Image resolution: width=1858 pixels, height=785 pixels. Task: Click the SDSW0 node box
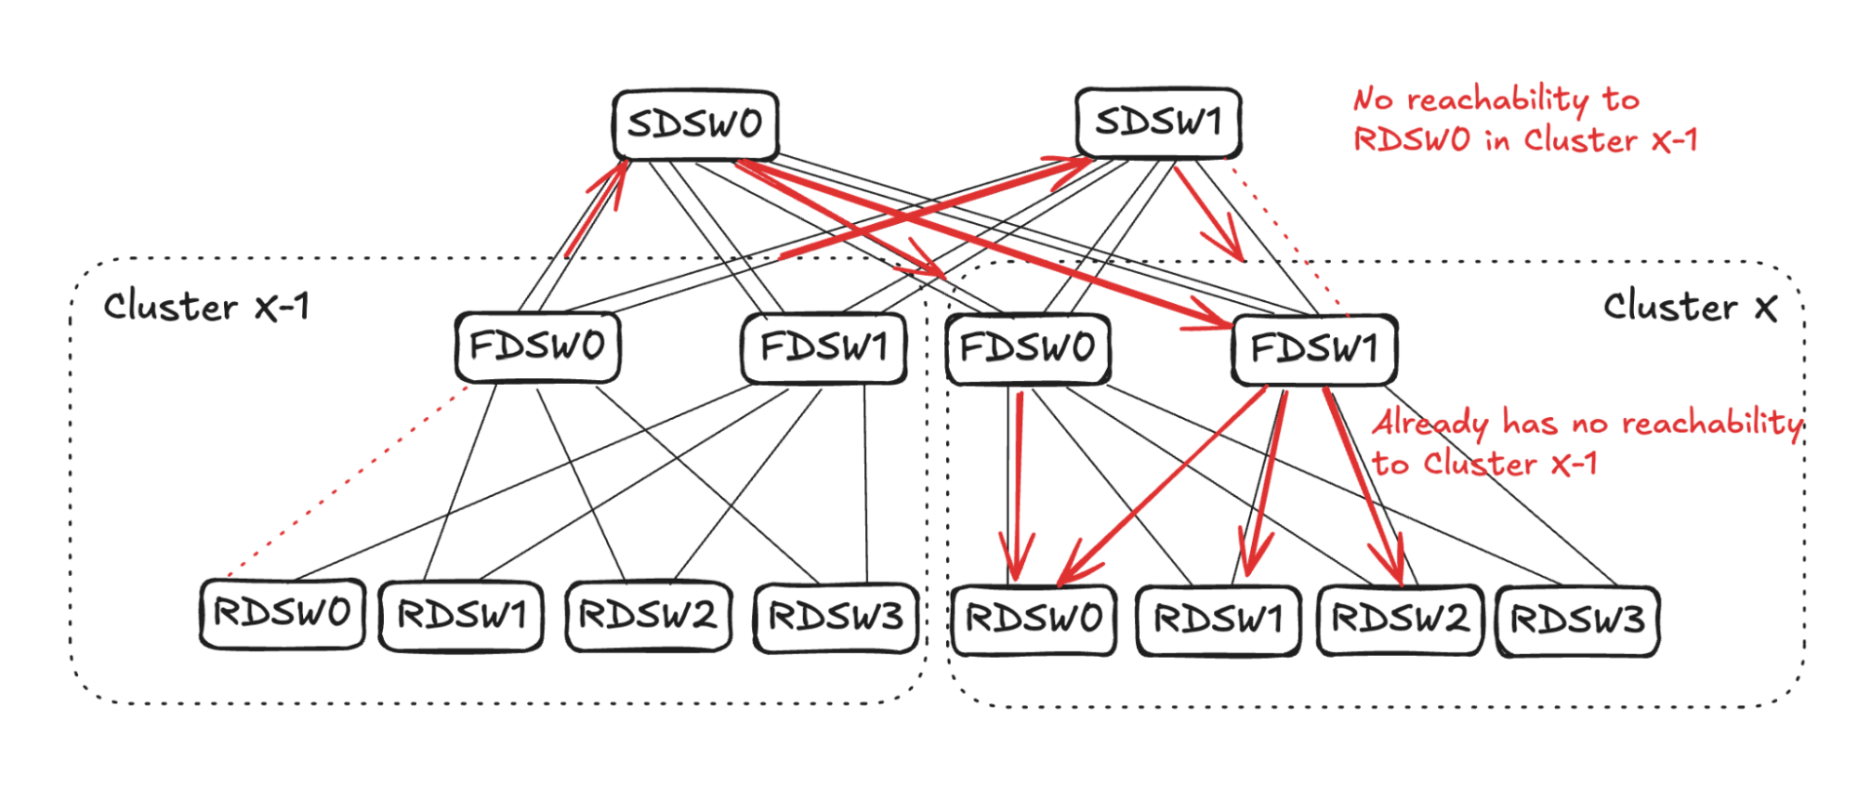coord(695,124)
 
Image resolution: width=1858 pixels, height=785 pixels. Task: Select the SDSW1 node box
coord(1158,123)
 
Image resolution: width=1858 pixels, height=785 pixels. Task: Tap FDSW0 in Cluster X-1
coord(537,347)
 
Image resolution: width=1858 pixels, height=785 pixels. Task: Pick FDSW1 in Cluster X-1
coord(824,348)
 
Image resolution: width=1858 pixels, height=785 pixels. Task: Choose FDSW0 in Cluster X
coord(1027,349)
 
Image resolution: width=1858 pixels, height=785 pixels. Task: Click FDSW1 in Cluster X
coord(1314,350)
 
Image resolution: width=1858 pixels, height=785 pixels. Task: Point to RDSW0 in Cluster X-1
coord(282,614)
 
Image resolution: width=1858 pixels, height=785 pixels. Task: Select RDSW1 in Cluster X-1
coord(462,616)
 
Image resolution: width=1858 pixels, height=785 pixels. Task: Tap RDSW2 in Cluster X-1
coord(648,616)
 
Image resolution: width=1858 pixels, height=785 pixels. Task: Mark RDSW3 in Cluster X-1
coord(836,618)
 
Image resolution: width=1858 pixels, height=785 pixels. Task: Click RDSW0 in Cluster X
coord(1034,620)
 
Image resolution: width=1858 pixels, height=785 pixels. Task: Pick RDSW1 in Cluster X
coord(1218,621)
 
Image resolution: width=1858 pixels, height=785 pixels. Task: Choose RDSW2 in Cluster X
coord(1400,620)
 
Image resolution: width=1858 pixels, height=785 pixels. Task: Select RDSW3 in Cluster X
coord(1577,621)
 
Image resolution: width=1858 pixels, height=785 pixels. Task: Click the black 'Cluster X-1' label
coord(206,307)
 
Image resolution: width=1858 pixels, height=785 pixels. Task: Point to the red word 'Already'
coord(1430,425)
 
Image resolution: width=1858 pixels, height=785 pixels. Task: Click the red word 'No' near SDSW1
coord(1375,98)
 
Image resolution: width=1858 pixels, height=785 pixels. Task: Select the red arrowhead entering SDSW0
coord(617,173)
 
